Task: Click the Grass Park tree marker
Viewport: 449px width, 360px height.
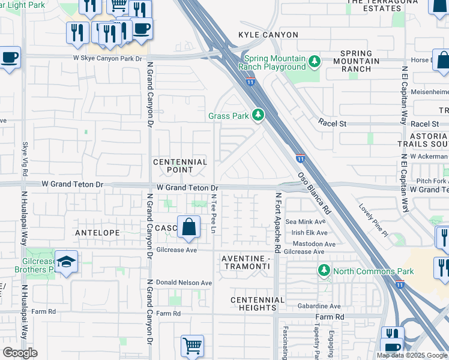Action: [x=258, y=114]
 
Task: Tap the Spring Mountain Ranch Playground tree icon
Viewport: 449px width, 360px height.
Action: [x=313, y=61]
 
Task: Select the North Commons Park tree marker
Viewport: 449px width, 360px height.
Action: [x=324, y=271]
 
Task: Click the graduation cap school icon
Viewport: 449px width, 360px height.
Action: [x=66, y=262]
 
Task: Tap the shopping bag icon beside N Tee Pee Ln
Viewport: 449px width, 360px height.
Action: [x=188, y=227]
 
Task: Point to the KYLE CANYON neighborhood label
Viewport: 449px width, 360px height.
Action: [x=268, y=35]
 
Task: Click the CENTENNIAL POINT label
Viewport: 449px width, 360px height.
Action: [x=180, y=166]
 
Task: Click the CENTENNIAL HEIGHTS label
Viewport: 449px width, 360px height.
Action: [x=258, y=304]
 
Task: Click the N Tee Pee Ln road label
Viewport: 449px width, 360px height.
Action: [x=213, y=214]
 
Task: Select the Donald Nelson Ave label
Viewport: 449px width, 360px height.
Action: [x=184, y=283]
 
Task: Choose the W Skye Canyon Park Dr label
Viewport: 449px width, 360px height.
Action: [x=107, y=58]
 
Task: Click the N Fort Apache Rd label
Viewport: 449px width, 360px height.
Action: [x=278, y=222]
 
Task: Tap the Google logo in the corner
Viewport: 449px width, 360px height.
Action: [x=20, y=353]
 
